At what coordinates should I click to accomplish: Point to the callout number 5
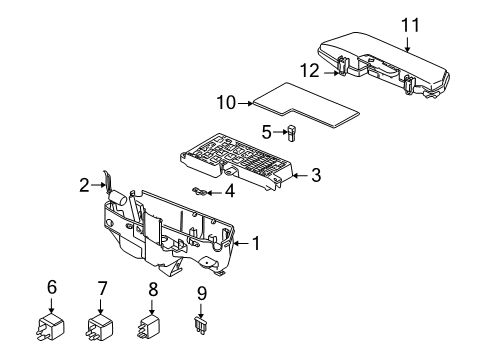click(267, 130)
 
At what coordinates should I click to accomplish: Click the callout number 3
click(315, 176)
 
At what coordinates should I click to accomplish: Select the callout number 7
click(101, 288)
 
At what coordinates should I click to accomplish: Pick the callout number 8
click(152, 290)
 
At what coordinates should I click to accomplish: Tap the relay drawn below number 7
click(102, 326)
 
